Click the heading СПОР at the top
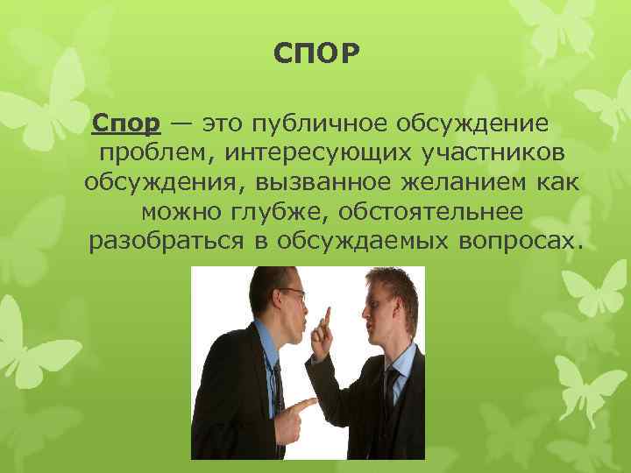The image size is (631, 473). (x=315, y=55)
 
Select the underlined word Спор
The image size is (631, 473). (x=124, y=124)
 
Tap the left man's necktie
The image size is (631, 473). (x=277, y=385)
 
